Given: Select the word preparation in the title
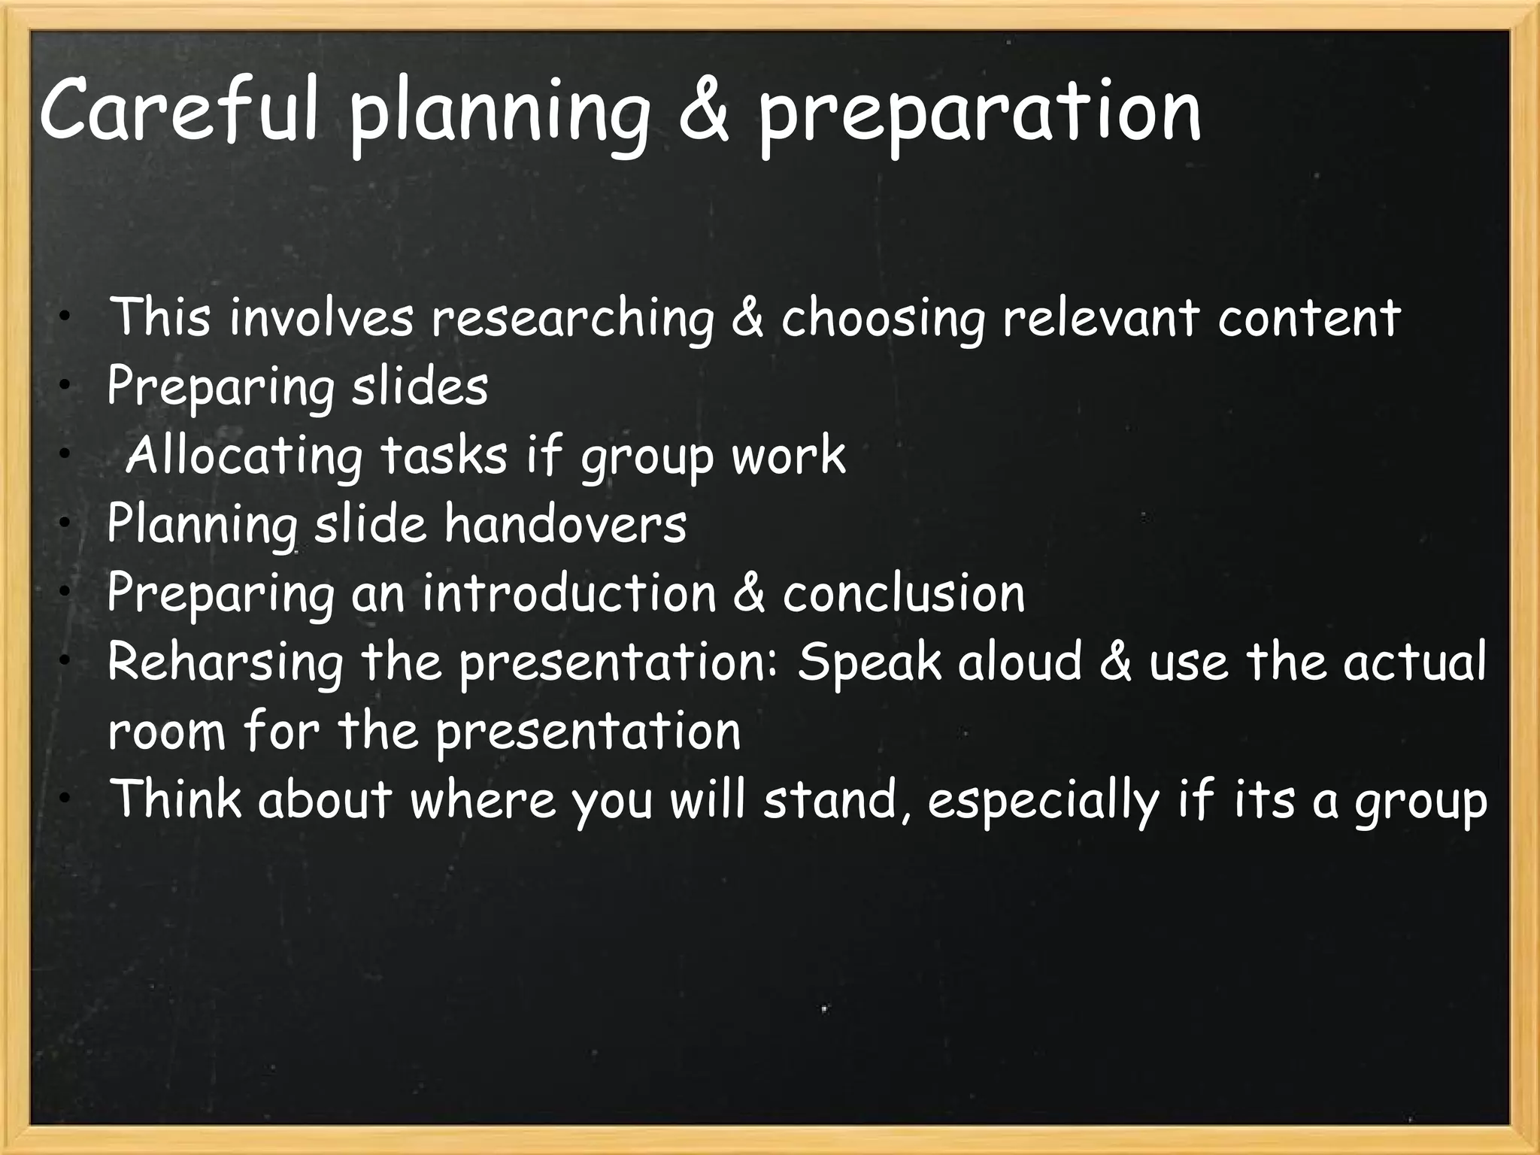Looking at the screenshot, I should pyautogui.click(x=978, y=117).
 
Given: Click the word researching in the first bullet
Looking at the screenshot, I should pyautogui.click(x=571, y=319).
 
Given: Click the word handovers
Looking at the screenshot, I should pyautogui.click(x=565, y=524).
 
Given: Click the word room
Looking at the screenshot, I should pyautogui.click(x=166, y=732).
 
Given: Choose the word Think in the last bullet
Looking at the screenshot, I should pyautogui.click(x=176, y=799).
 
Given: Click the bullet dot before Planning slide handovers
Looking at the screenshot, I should pyautogui.click(x=66, y=521).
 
